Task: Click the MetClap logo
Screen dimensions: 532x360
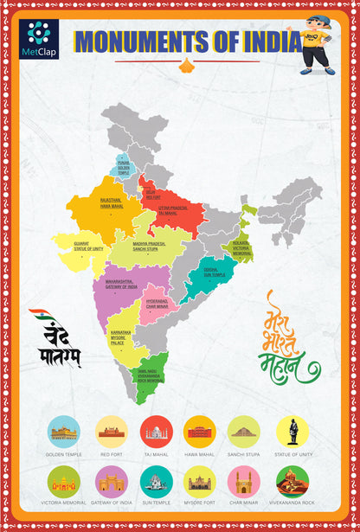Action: point(38,39)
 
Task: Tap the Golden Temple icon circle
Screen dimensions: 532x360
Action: point(66,431)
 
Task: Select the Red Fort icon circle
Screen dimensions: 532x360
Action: point(111,431)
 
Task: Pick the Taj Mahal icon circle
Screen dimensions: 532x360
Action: point(156,431)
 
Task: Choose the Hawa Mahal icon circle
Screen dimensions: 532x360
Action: point(200,431)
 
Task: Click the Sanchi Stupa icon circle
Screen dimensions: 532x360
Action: point(245,431)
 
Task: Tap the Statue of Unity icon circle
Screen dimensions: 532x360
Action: point(292,431)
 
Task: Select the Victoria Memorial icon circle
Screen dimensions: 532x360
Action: point(66,481)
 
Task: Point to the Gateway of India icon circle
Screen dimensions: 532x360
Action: point(111,481)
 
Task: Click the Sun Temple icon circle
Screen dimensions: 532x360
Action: point(156,481)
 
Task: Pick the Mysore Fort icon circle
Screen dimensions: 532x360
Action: point(200,481)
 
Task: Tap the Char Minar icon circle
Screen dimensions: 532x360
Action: point(245,481)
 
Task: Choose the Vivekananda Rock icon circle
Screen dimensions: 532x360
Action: point(292,481)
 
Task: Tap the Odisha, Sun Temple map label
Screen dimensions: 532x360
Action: point(215,272)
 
